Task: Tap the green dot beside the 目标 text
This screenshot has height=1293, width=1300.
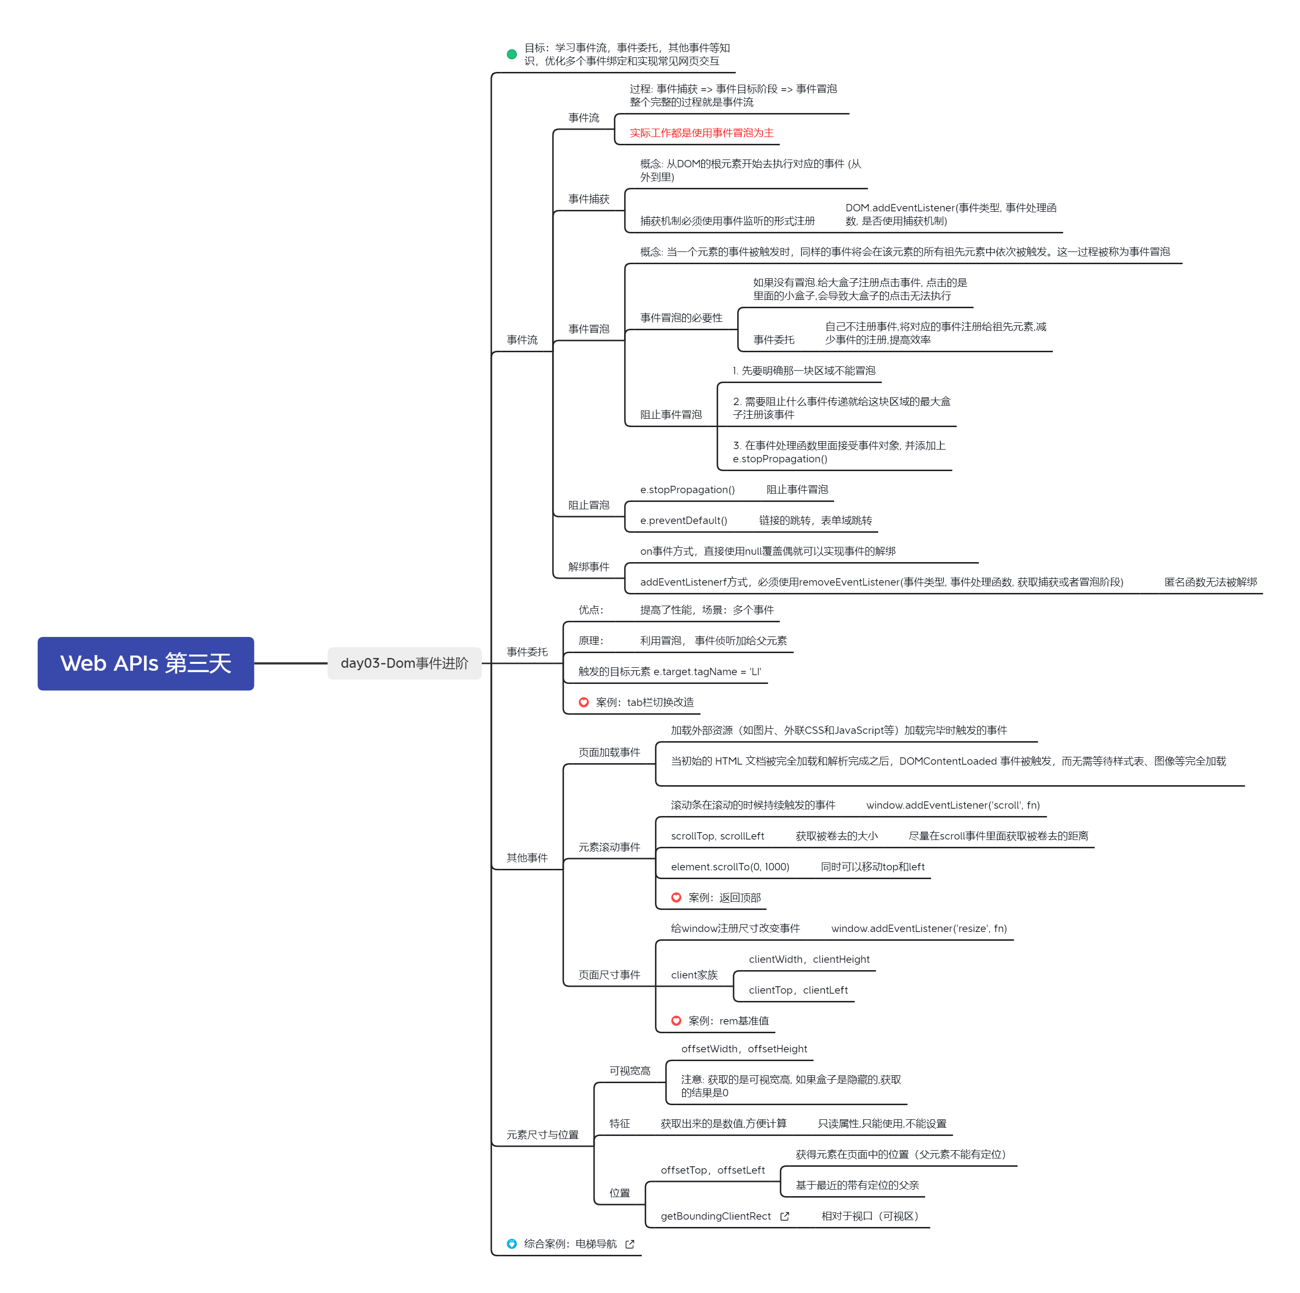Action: (x=511, y=54)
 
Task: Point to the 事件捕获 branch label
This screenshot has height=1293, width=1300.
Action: (x=589, y=199)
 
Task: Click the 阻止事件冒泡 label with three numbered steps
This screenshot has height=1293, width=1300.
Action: (x=671, y=415)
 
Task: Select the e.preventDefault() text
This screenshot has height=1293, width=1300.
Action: (x=684, y=521)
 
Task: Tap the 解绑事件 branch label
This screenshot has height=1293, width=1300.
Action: (x=589, y=567)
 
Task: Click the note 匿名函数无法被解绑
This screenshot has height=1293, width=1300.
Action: (x=1210, y=582)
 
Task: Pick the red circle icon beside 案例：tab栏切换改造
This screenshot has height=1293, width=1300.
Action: (x=583, y=702)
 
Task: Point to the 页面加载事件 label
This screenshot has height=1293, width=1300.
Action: (x=609, y=752)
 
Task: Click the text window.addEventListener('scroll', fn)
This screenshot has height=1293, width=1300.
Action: (x=953, y=806)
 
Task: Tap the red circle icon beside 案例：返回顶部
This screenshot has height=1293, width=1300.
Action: (x=676, y=898)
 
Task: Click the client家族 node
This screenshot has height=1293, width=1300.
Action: (x=695, y=975)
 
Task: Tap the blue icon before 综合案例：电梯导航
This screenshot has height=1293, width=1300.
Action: (x=511, y=1244)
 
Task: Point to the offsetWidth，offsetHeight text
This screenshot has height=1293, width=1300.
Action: (x=744, y=1049)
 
